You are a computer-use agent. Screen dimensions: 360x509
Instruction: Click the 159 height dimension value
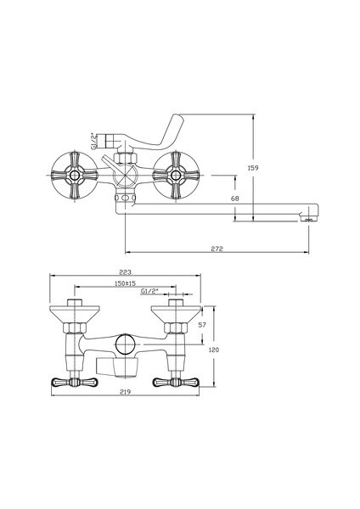253,168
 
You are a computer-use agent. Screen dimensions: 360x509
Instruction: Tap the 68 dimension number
235,198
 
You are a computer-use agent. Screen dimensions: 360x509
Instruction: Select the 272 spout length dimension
217,249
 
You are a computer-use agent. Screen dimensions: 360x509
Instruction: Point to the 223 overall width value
125,272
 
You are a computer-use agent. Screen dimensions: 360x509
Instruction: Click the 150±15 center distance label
125,283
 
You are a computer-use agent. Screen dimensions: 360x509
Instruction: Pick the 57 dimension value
202,325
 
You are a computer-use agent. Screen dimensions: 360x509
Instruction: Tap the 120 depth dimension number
214,350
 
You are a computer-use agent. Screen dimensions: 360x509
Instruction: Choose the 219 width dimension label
125,392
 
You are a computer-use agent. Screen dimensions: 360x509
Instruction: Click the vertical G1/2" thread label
93,141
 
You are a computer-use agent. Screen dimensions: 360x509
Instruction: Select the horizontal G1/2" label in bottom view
149,291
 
